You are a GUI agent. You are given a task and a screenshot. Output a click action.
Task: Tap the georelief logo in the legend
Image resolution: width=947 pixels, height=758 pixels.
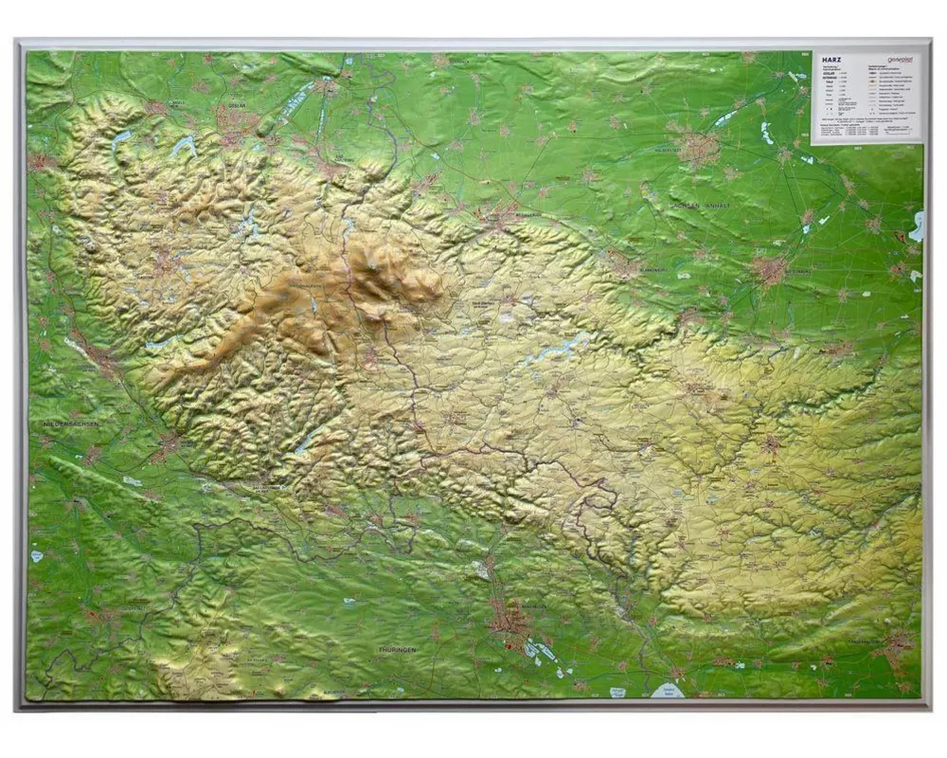pos(900,58)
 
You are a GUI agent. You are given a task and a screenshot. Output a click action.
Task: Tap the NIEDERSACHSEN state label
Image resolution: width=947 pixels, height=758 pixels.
pos(71,424)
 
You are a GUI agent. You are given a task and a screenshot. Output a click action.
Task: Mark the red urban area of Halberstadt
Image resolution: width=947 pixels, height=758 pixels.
pos(701,149)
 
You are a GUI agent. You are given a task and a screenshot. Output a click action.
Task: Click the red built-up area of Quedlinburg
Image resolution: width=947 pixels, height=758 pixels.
pos(769,270)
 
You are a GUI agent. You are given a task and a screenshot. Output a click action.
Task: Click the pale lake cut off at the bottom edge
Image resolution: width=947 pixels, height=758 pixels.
pos(670,691)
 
